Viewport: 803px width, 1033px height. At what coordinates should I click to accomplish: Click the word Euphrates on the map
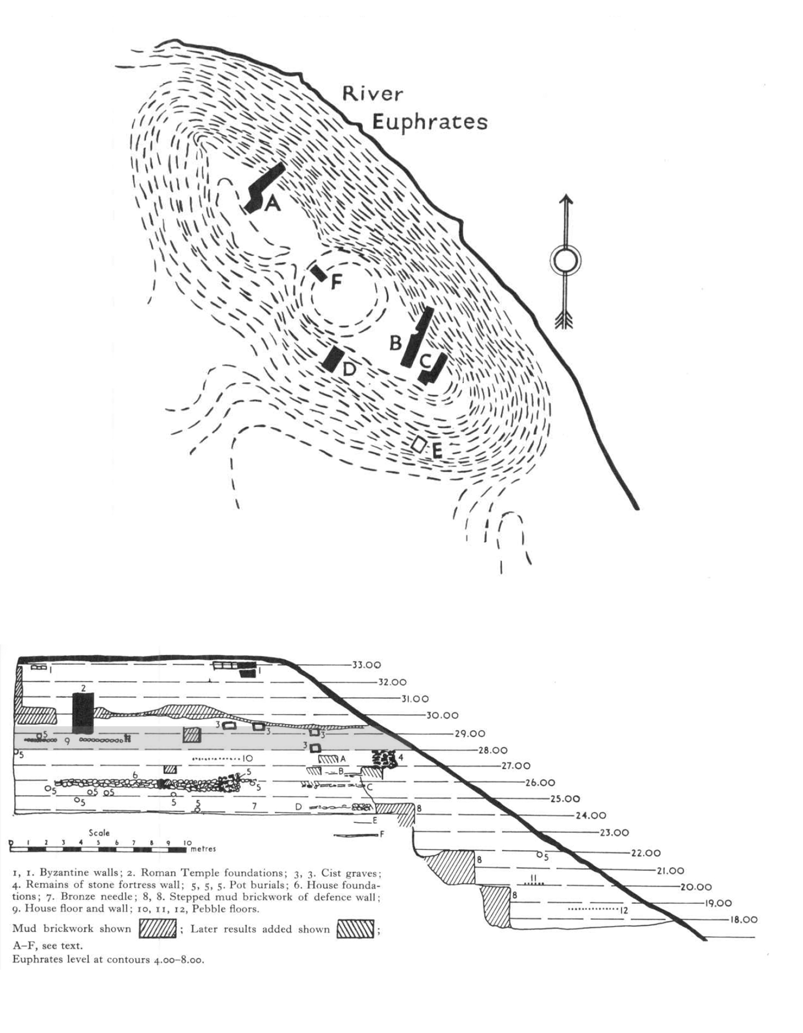(429, 122)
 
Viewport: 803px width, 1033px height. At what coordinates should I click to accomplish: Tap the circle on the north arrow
(566, 261)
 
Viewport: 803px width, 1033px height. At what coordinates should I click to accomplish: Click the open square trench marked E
(419, 444)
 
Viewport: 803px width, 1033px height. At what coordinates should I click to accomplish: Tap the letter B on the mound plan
(395, 342)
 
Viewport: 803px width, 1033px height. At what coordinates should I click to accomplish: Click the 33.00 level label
(367, 665)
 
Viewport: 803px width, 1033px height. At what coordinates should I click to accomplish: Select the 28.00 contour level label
(493, 750)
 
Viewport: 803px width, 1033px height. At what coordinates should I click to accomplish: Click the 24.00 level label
(591, 815)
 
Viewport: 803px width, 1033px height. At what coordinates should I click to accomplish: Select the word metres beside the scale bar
(203, 849)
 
